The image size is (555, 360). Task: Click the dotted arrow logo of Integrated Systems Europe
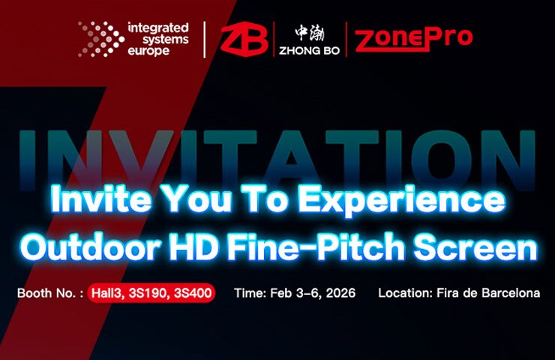pos(101,39)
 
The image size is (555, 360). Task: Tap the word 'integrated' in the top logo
pos(157,28)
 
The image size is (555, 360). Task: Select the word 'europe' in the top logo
pos(148,50)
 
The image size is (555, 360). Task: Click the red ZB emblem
pos(244,39)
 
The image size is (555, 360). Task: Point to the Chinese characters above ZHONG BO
pos(310,33)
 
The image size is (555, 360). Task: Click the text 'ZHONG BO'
pos(309,50)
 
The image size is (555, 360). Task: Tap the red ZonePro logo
pos(414,40)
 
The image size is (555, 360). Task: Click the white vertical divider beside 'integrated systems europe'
pos(205,39)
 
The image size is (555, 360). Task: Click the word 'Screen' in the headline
pos(475,247)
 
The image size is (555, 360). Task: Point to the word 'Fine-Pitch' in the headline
pos(316,247)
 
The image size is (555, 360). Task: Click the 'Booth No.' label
pos(46,293)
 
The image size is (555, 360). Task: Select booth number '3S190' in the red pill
pos(149,293)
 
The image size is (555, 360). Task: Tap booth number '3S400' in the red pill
pos(193,293)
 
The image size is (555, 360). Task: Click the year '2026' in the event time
pos(340,293)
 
